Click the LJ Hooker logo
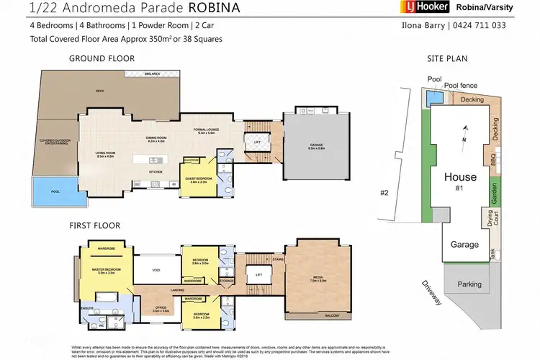425,8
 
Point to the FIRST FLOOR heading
95,225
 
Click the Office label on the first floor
161,310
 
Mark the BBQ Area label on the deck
151,73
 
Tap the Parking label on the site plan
469,284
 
